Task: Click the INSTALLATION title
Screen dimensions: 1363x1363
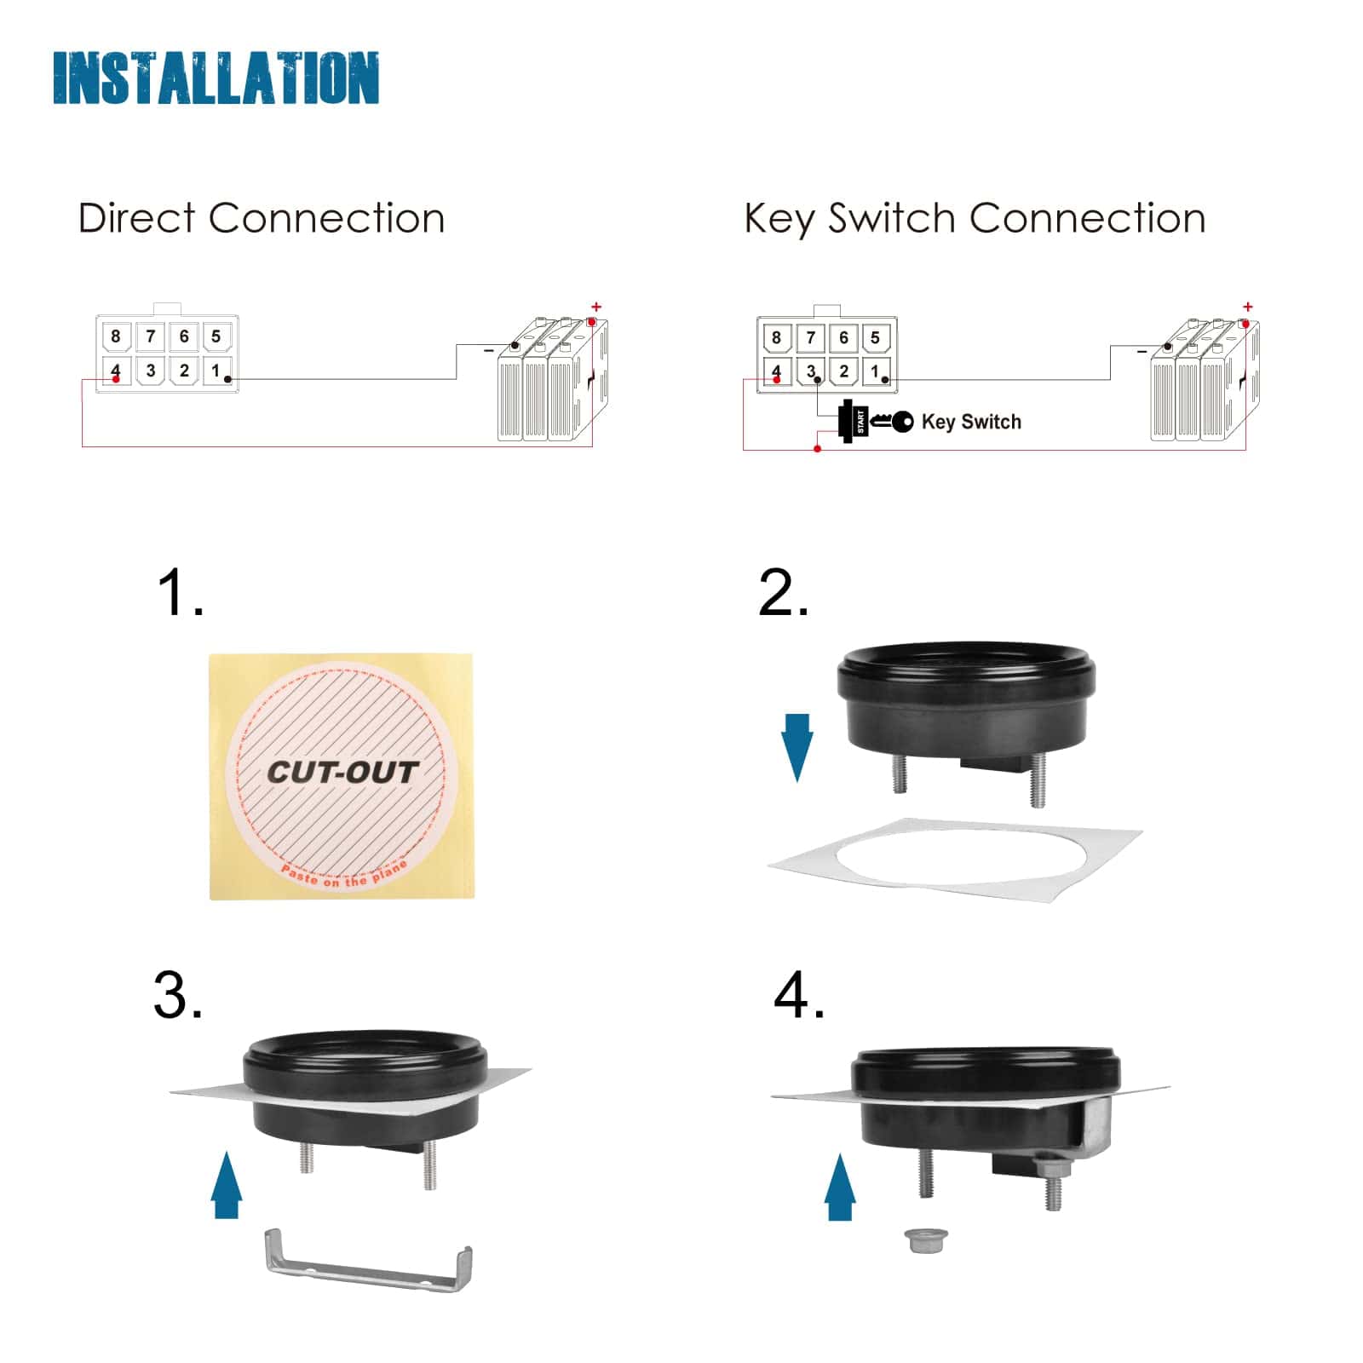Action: click(x=216, y=78)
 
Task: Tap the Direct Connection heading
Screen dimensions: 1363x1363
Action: click(x=262, y=218)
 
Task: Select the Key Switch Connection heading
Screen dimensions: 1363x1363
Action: click(x=975, y=219)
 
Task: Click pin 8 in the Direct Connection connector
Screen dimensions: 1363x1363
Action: click(x=116, y=336)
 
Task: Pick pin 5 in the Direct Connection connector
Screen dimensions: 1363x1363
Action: click(x=216, y=336)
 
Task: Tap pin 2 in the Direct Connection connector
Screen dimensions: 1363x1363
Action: click(x=183, y=371)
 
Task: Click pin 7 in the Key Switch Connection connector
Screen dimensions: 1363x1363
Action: click(x=810, y=338)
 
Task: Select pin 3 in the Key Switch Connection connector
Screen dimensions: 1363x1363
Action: click(x=810, y=371)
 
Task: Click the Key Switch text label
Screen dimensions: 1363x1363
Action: click(x=971, y=422)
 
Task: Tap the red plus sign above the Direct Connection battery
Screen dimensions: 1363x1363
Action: click(x=596, y=307)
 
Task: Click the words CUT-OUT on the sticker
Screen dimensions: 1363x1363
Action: click(x=342, y=773)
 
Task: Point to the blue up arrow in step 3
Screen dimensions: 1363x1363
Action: click(x=227, y=1184)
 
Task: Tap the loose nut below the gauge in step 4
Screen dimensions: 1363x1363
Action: click(x=920, y=1240)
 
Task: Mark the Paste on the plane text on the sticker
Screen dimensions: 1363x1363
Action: click(x=344, y=876)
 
